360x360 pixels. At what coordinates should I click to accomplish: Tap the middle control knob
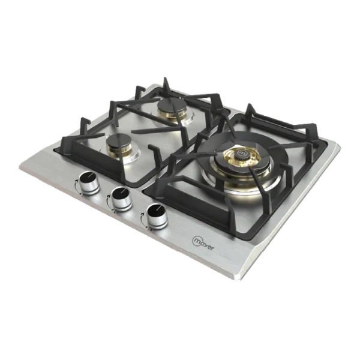[121, 199]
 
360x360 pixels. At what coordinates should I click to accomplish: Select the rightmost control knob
[157, 216]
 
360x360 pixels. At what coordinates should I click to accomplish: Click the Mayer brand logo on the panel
[203, 243]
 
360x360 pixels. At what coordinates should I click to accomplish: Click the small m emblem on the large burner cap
[241, 152]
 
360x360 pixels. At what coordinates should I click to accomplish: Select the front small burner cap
[119, 141]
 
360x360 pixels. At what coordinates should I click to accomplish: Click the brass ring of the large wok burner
[241, 158]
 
